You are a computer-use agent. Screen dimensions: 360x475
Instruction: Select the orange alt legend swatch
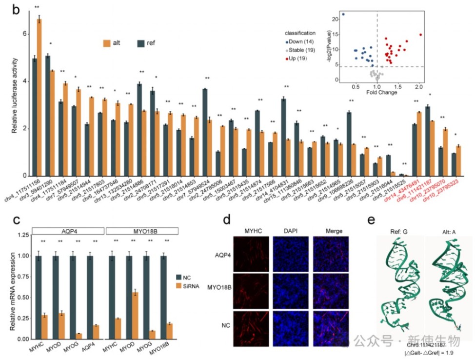point(107,42)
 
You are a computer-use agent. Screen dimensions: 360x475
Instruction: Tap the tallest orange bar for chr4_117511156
point(39,98)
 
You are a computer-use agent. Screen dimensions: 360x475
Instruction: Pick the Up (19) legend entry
point(299,59)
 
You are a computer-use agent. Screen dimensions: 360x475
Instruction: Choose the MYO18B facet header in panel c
point(141,230)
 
